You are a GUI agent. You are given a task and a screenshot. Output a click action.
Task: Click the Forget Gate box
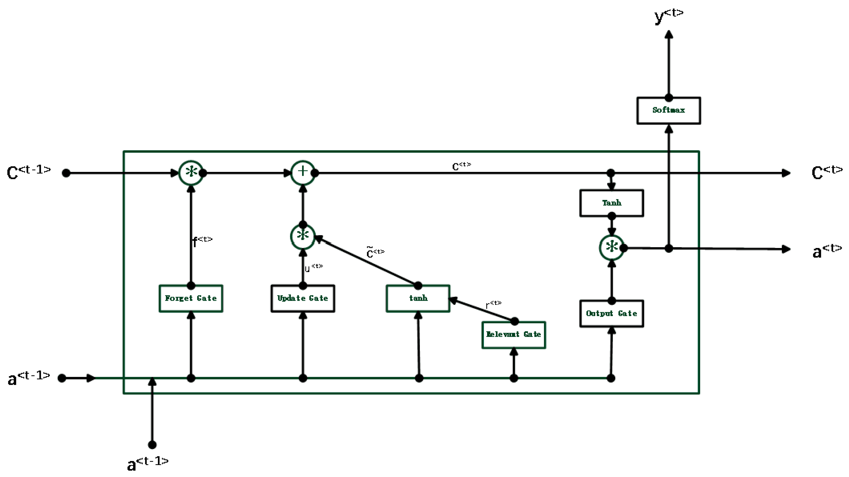pyautogui.click(x=191, y=299)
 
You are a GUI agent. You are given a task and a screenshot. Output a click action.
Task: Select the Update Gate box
pyautogui.click(x=303, y=299)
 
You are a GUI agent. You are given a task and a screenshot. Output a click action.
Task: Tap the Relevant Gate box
pyautogui.click(x=513, y=335)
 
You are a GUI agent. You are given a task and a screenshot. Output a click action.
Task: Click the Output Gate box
pyautogui.click(x=611, y=313)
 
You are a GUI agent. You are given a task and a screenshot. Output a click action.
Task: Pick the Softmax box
pyautogui.click(x=668, y=110)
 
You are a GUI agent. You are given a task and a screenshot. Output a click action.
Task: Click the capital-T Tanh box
pyautogui.click(x=611, y=203)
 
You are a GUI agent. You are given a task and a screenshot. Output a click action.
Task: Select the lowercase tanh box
pyautogui.click(x=418, y=299)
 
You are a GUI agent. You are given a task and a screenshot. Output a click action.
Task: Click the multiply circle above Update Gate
pyautogui.click(x=303, y=236)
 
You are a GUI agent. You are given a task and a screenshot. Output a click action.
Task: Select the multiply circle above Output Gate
pyautogui.click(x=611, y=247)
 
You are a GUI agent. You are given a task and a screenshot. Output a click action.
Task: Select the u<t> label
pyautogui.click(x=313, y=268)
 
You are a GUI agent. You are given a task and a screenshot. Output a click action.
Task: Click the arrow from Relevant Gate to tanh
pyautogui.click(x=481, y=310)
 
